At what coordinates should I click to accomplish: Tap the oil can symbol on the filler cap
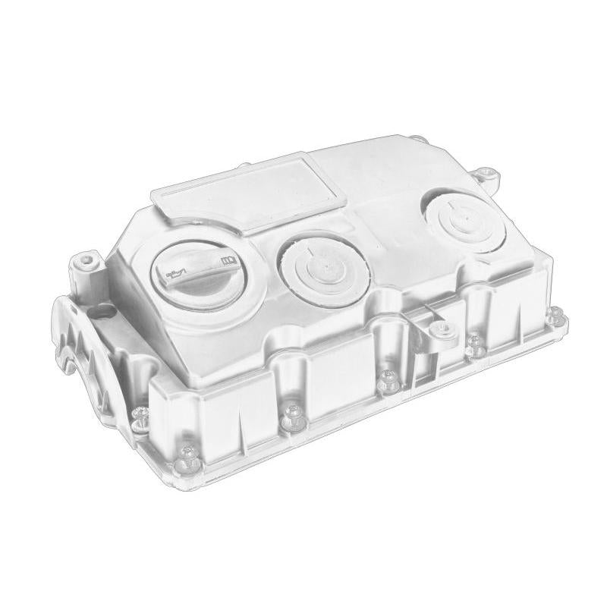[178, 270]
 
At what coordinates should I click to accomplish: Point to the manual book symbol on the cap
[227, 262]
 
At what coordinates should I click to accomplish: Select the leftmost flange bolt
[140, 413]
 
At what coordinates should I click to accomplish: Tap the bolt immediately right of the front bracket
[475, 343]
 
